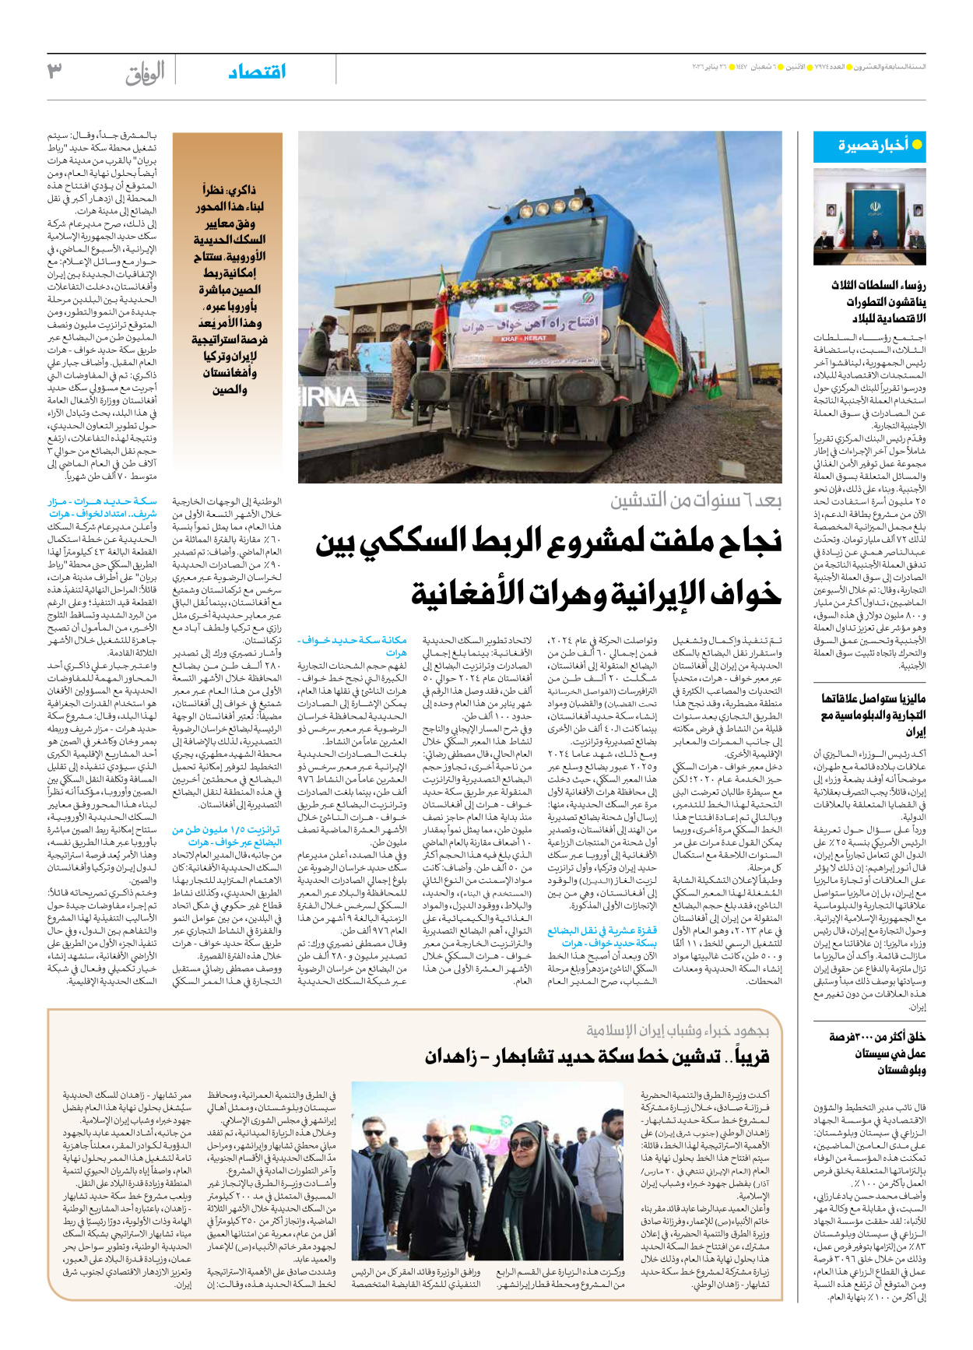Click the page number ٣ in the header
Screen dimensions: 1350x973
(54, 71)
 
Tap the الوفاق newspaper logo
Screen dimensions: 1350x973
(145, 73)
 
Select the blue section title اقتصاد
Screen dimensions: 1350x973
(257, 72)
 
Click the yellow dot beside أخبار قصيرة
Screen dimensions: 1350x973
(917, 144)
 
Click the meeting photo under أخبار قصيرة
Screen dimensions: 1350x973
(869, 217)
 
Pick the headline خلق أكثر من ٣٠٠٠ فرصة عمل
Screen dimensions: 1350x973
(876, 1053)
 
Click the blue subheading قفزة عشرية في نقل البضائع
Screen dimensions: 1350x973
(602, 937)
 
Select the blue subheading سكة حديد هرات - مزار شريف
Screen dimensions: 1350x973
(102, 508)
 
